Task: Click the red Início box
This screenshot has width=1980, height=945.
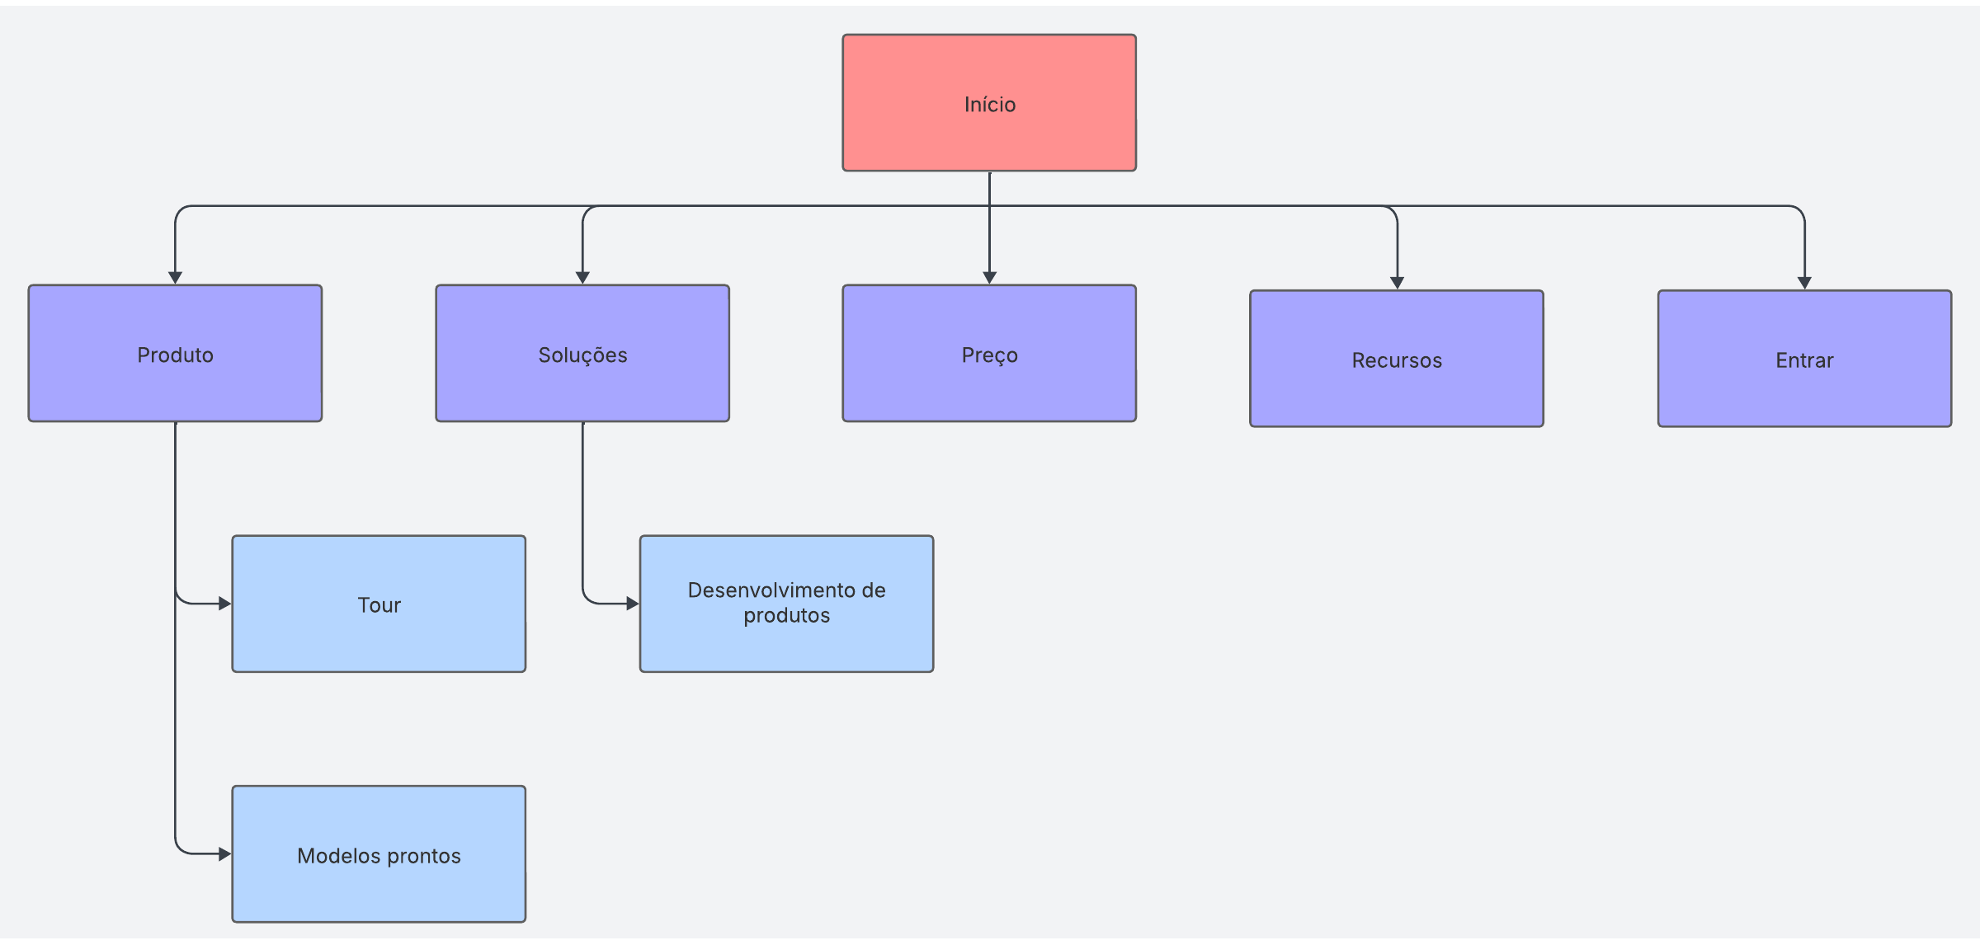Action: (989, 103)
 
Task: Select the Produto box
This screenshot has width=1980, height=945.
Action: (175, 354)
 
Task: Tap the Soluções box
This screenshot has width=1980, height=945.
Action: (582, 354)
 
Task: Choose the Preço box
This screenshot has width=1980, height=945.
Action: (989, 354)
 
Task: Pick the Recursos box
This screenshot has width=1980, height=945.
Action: (1397, 359)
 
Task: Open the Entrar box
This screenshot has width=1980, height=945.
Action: (1804, 359)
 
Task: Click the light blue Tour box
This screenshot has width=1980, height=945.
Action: (379, 604)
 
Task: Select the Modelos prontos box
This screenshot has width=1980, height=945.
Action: (379, 854)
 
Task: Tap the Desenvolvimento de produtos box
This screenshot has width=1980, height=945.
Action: (786, 604)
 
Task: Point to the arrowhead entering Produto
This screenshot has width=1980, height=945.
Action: (175, 278)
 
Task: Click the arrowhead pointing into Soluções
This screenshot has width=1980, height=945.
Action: (582, 278)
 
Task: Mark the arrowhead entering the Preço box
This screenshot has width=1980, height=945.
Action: (989, 278)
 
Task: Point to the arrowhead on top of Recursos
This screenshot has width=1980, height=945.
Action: (1397, 283)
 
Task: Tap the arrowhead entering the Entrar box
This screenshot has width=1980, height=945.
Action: (1804, 283)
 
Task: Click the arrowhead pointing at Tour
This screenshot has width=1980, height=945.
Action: (225, 604)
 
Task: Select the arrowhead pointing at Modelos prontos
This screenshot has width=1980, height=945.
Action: (225, 854)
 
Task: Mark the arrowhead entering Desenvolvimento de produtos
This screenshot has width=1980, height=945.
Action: (633, 604)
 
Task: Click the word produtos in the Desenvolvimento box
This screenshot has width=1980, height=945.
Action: (786, 616)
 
